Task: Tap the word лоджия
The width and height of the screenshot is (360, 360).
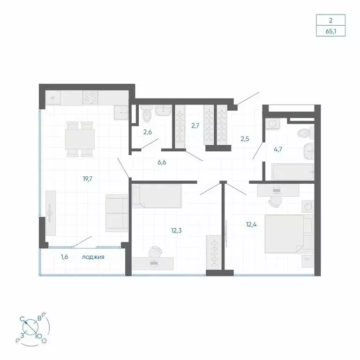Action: coord(93,257)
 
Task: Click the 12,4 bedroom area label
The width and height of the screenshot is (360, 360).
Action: coord(252,224)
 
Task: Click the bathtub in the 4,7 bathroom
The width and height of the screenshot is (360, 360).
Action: coord(292,171)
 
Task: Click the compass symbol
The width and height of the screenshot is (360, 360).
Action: coord(31,326)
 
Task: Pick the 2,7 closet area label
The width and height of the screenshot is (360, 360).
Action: coord(196,126)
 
